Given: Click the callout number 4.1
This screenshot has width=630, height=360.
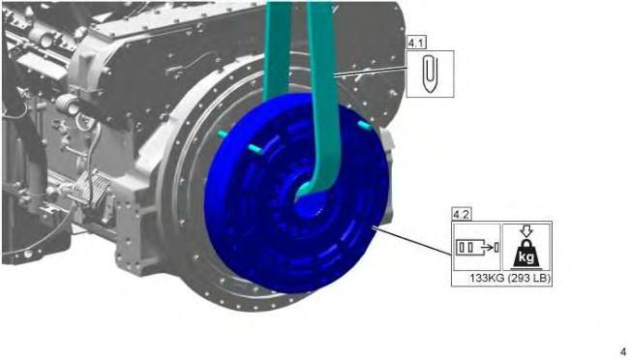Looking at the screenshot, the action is [417, 43].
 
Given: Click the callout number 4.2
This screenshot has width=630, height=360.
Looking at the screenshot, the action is [462, 215].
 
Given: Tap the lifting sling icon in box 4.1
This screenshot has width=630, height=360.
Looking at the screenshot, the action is [430, 74].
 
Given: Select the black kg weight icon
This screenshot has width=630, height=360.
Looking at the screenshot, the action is [526, 254].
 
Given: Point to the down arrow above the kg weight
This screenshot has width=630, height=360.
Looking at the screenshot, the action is [526, 231].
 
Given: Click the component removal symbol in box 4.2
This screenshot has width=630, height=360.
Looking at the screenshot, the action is [477, 247].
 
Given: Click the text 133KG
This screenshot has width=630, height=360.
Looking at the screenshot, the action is [487, 278].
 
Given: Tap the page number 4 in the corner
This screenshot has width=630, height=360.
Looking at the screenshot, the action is [623, 351].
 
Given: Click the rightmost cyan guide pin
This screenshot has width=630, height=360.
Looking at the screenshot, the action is [365, 125].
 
